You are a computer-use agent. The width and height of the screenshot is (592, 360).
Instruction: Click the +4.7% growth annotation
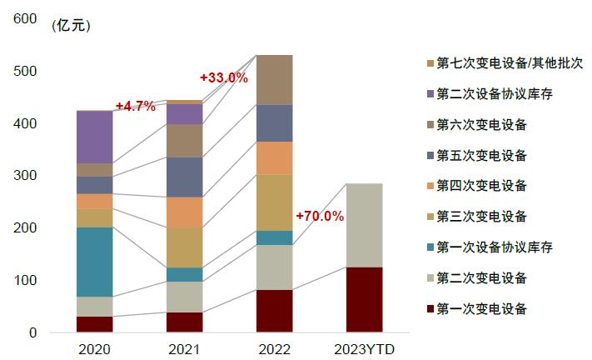(135, 106)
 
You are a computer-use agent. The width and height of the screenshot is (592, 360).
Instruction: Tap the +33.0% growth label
(224, 77)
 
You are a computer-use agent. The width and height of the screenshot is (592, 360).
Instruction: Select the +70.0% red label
(320, 216)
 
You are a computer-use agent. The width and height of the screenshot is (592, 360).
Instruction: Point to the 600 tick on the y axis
(25, 19)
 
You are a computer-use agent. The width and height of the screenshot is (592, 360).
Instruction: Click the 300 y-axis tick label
(25, 176)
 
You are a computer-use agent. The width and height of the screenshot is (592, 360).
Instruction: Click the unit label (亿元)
(72, 25)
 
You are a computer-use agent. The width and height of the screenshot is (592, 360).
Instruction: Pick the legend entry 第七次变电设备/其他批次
(504, 63)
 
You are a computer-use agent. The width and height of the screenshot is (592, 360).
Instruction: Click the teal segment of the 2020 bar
(94, 262)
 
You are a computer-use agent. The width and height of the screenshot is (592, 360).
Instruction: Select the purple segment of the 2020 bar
(94, 137)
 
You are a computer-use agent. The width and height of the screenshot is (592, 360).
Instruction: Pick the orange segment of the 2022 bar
(274, 157)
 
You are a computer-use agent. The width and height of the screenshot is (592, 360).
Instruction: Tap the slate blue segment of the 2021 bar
(184, 177)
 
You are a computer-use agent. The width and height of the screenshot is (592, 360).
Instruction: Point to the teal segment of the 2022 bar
(274, 237)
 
